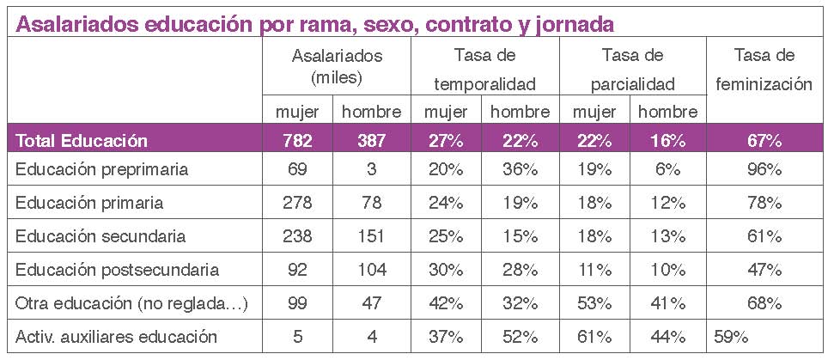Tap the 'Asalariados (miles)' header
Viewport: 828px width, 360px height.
[x=337, y=66]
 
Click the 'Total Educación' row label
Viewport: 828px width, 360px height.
[x=82, y=141]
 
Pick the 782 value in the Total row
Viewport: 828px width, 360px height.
[x=298, y=141]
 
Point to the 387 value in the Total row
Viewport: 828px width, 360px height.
[x=372, y=141]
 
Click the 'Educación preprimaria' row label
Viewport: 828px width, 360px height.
[x=102, y=170]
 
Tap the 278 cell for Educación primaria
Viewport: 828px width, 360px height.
[x=298, y=204]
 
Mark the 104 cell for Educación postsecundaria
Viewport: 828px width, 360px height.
[x=372, y=270]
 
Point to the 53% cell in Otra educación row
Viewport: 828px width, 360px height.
[x=594, y=303]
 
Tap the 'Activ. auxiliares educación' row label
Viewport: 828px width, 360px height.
[x=114, y=336]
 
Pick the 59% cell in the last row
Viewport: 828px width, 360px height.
[x=728, y=336]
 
